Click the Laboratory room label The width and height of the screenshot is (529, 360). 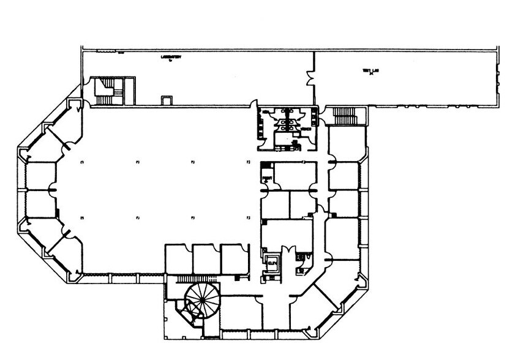(173, 58)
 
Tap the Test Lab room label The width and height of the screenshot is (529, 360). (368, 72)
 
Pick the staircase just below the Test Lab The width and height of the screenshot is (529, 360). (345, 115)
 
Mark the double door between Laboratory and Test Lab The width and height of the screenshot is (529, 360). (310, 78)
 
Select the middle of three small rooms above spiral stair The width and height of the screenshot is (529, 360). (206, 260)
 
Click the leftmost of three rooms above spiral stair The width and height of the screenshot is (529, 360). (179, 260)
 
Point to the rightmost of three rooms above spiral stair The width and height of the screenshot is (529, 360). (234, 260)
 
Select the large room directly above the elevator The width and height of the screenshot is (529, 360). (287, 232)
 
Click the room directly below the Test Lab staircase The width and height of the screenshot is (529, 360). (346, 143)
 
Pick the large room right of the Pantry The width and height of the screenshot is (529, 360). (294, 176)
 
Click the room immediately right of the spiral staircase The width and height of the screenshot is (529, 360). (241, 313)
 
